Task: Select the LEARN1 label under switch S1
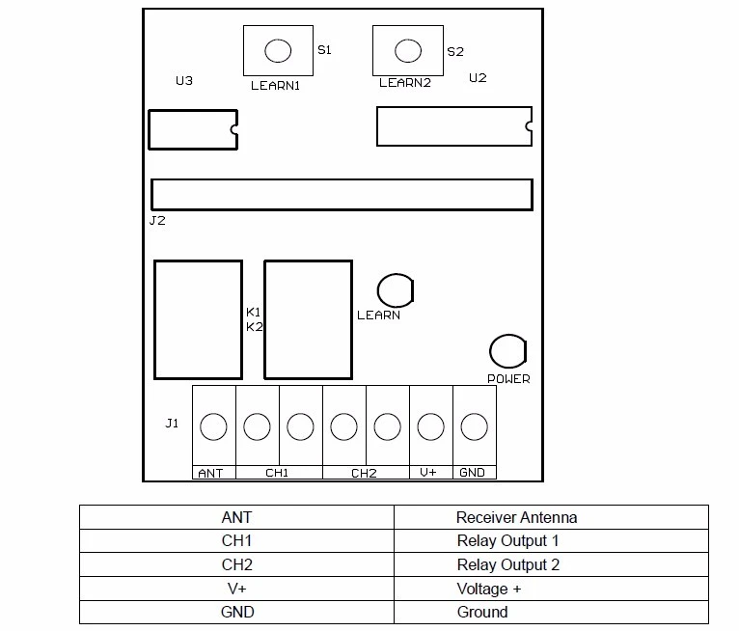coord(275,85)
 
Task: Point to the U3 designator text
coord(184,81)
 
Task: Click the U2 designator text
coord(478,78)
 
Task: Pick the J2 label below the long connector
coord(157,221)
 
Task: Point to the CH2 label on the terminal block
coord(364,473)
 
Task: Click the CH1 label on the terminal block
coord(277,473)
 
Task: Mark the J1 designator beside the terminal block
coord(172,424)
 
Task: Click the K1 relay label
coord(253,312)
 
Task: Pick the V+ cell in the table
coord(237,589)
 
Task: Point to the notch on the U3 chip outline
coord(233,129)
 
